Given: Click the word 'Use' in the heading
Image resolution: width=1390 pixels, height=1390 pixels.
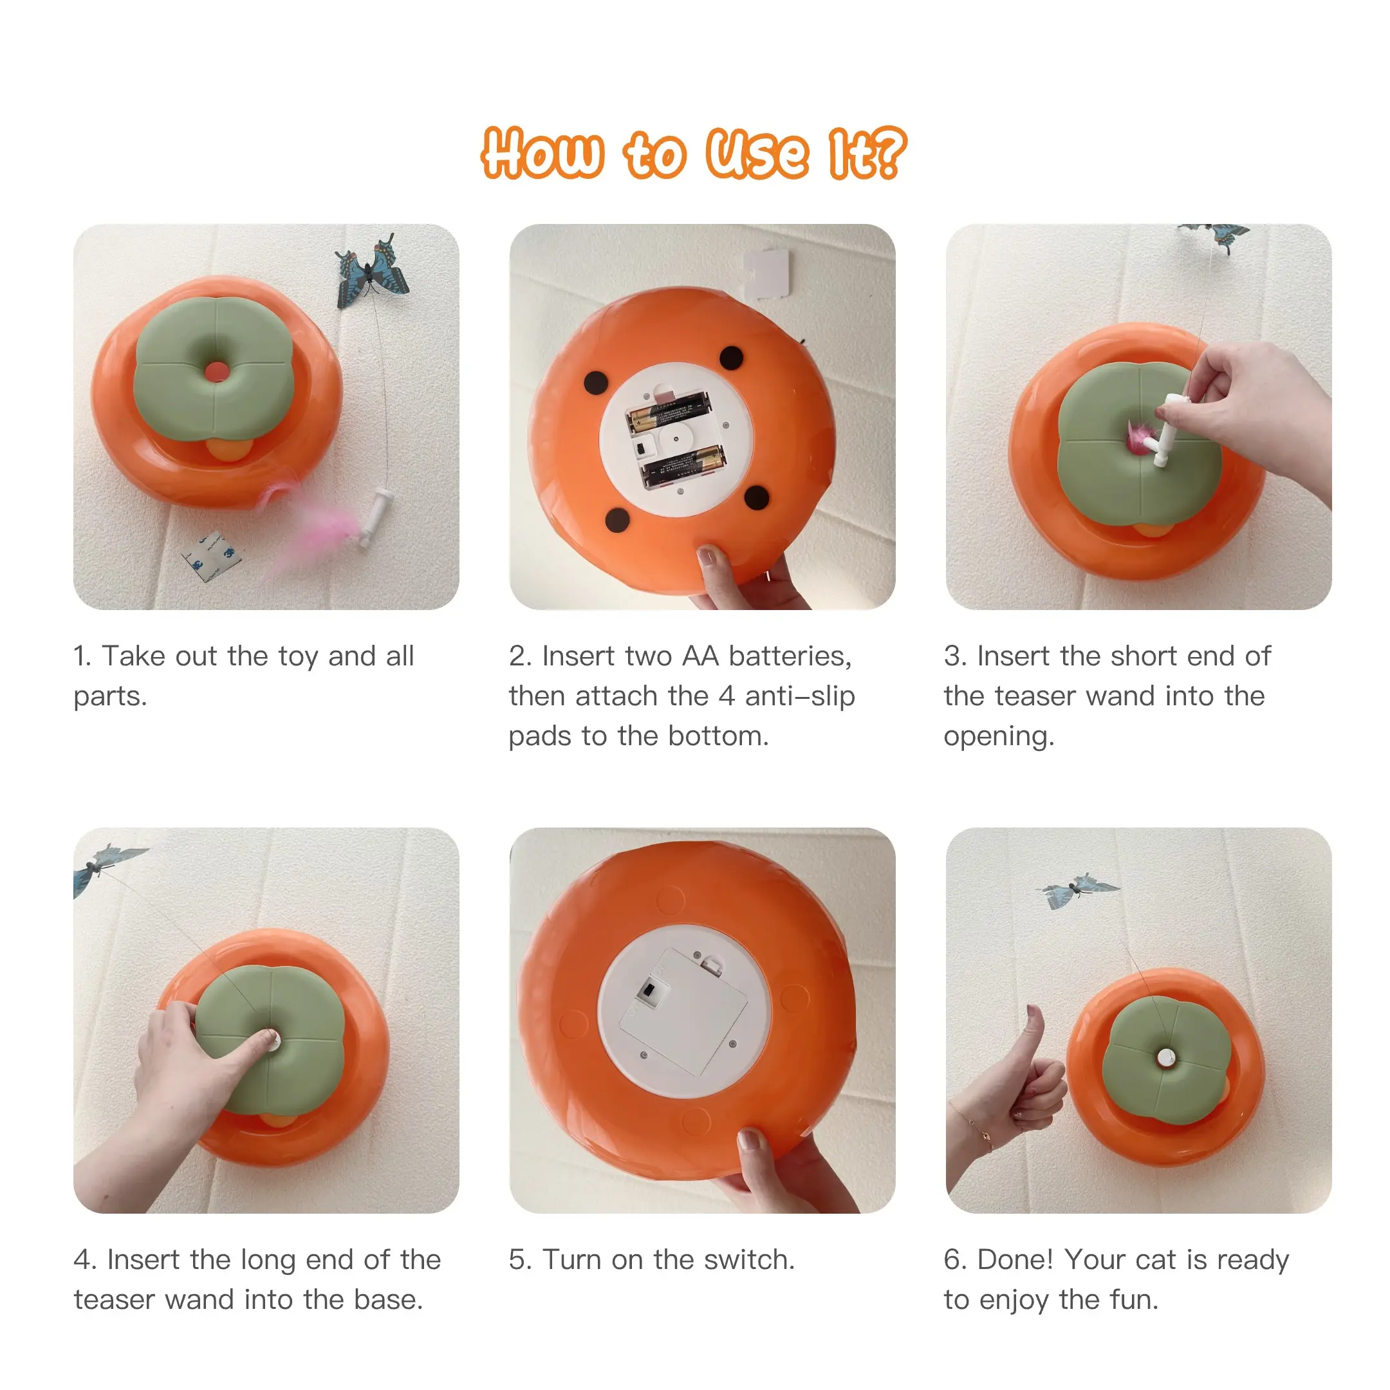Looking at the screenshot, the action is click(x=757, y=153).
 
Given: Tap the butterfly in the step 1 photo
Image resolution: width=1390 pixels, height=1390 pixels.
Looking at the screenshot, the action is click(x=373, y=270).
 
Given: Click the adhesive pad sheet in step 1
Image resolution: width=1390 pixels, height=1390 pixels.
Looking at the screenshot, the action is click(x=212, y=556).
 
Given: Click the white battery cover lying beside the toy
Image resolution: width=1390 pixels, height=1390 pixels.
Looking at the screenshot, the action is click(x=767, y=273).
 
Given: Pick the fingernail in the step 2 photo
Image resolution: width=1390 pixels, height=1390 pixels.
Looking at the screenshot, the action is click(x=708, y=556).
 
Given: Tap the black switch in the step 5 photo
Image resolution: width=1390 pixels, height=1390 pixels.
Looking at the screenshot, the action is click(x=649, y=991).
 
